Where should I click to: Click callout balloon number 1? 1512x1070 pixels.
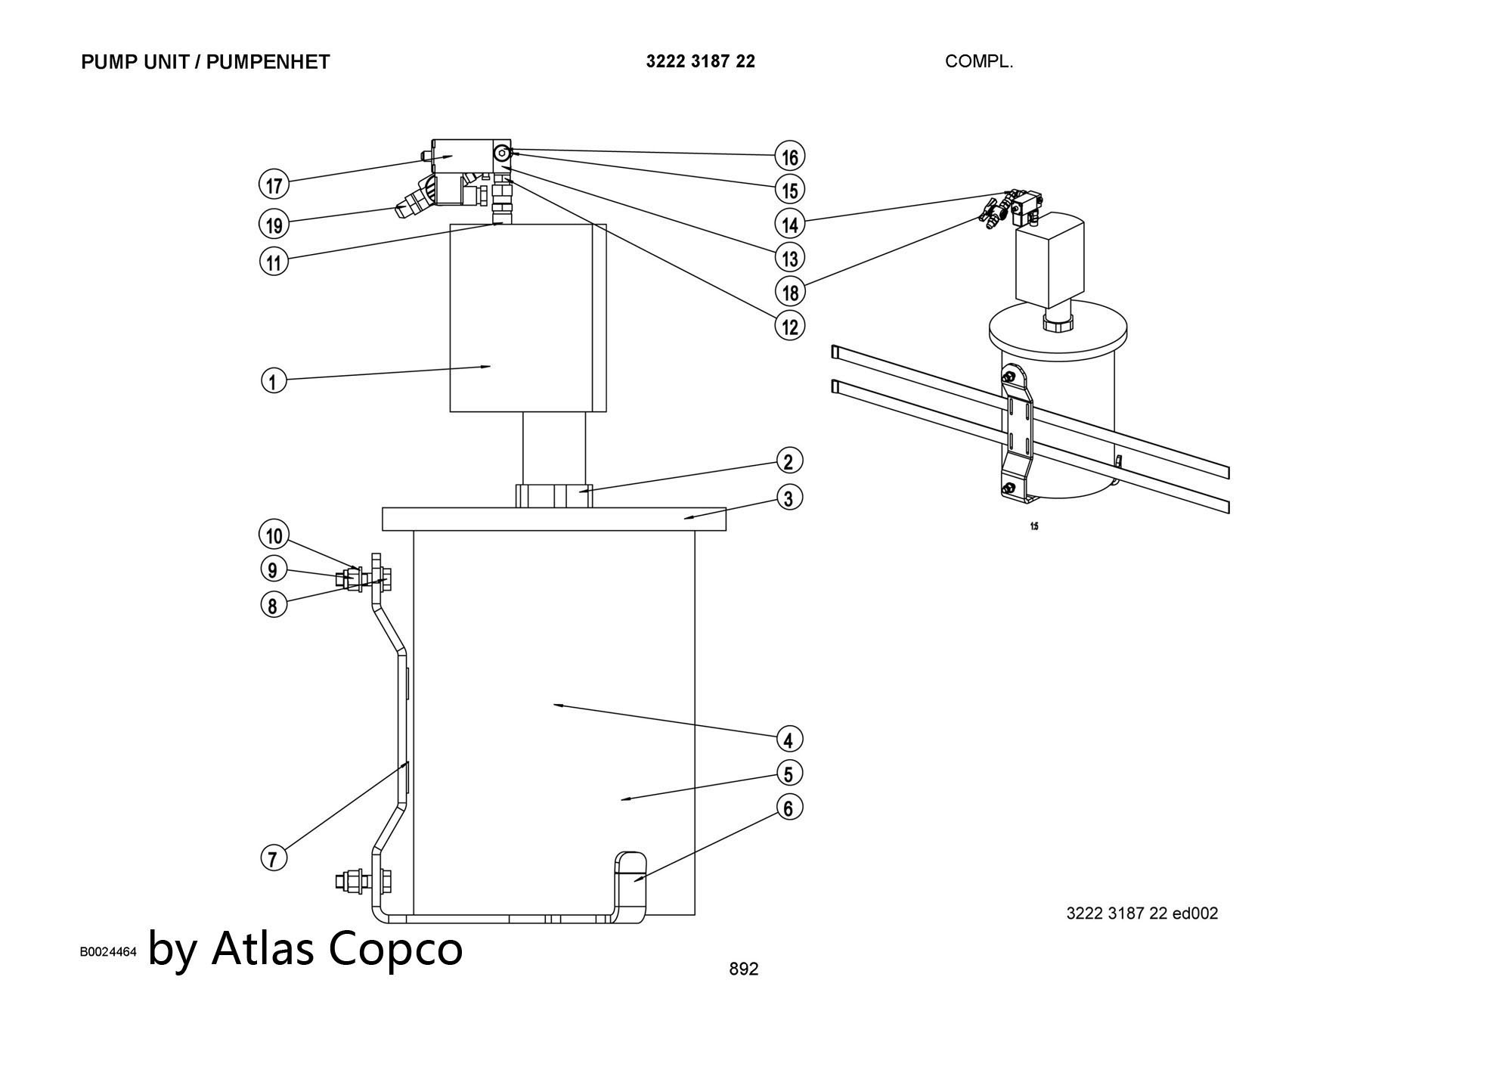274,380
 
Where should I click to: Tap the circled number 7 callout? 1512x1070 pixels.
274,858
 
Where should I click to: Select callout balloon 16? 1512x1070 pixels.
790,157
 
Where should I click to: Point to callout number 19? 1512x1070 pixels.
274,224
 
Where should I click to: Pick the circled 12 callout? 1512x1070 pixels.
790,326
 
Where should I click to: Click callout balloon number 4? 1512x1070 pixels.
789,739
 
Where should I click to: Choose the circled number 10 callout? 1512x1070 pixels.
274,535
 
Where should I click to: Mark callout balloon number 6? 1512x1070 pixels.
789,808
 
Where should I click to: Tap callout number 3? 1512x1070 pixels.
789,498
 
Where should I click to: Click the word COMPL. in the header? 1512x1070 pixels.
978,62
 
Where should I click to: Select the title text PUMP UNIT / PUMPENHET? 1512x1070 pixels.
205,62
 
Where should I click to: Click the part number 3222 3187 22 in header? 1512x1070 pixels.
700,62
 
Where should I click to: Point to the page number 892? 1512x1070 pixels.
743,969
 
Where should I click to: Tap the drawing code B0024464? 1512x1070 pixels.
108,951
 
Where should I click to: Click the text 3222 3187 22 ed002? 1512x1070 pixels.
1142,913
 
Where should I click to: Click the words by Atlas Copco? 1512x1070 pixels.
305,947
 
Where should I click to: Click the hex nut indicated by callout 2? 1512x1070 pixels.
554,496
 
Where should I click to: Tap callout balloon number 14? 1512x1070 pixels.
790,224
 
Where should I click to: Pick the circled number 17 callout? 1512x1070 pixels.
274,185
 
